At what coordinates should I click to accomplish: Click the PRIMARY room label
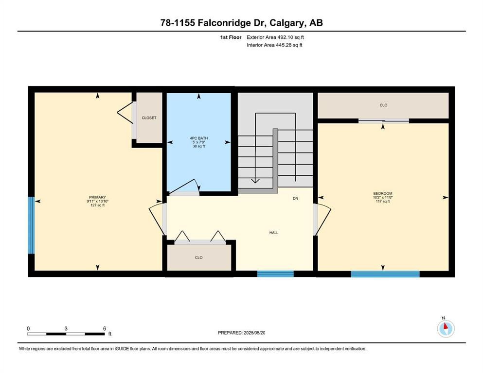[97, 197]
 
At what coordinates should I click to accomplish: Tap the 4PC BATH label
[198, 138]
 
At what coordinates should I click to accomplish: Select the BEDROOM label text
[383, 193]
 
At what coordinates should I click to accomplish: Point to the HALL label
[274, 233]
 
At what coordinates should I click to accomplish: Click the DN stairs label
[295, 198]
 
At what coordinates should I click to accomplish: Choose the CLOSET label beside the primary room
[149, 118]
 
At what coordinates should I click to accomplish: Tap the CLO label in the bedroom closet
[383, 105]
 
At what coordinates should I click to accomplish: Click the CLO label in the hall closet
[198, 258]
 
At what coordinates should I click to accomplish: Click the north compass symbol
[446, 328]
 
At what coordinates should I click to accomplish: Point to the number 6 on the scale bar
[105, 328]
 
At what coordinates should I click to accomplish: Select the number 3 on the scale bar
[66, 328]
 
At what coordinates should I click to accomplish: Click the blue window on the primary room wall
[31, 225]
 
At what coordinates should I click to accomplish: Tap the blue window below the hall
[275, 273]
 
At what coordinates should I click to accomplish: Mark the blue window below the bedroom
[385, 273]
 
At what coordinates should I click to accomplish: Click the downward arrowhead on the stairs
[255, 180]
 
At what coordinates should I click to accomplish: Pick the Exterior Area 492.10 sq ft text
[275, 37]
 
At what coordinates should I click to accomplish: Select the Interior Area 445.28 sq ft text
[274, 45]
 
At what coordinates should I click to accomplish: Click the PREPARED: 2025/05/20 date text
[241, 333]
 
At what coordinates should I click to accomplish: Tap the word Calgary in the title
[287, 23]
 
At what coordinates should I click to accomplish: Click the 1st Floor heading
[231, 37]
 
